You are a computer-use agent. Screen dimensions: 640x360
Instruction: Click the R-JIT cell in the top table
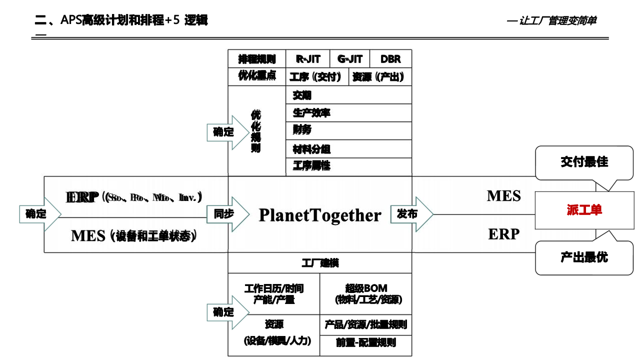tap(308, 59)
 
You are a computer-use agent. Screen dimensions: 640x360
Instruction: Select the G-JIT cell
tap(350, 59)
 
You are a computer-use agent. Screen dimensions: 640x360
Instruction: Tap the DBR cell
tap(390, 59)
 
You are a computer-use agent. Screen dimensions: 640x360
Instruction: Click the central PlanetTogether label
tap(320, 215)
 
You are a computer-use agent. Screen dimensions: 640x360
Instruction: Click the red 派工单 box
tap(584, 210)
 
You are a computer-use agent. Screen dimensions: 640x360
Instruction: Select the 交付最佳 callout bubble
tap(584, 162)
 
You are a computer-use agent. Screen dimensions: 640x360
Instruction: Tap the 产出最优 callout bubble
tap(584, 257)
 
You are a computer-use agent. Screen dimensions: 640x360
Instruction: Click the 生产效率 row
tap(348, 113)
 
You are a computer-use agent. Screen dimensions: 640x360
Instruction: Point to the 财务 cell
tap(348, 130)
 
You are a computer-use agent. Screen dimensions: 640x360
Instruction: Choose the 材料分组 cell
tap(348, 149)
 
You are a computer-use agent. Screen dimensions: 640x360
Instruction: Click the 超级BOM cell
tap(366, 294)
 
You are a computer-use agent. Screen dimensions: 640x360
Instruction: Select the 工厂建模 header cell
tap(320, 263)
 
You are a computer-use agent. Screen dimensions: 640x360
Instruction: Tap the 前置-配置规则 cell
tap(366, 342)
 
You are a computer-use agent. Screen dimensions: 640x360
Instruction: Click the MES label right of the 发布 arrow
tap(503, 196)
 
